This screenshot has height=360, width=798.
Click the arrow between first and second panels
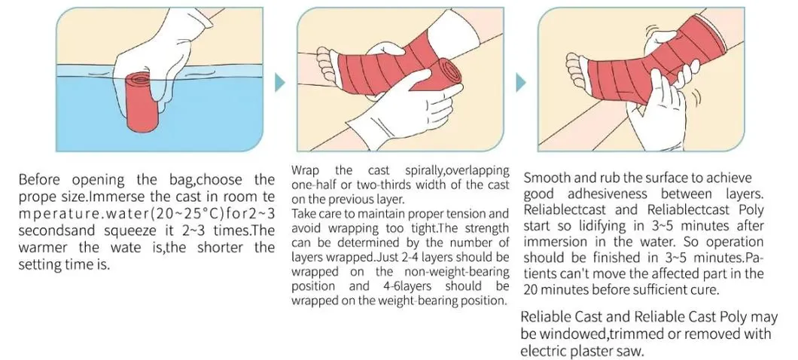[279, 82]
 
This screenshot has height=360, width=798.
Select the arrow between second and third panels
[519, 82]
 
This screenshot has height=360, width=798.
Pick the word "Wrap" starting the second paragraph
[304, 171]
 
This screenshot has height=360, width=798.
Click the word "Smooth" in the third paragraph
[548, 178]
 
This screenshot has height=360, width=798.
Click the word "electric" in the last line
[545, 351]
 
